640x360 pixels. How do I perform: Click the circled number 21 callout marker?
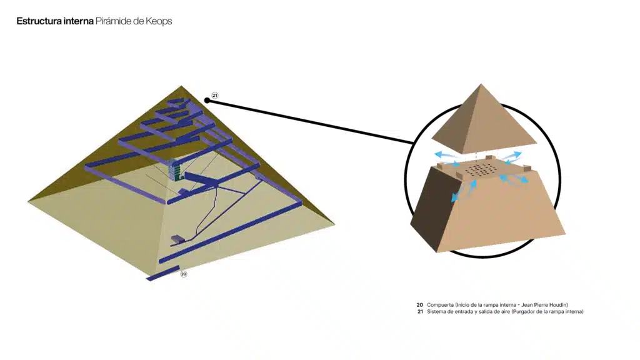coord(215,96)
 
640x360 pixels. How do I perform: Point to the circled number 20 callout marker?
coord(184,274)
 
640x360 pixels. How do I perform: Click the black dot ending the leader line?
coord(207,101)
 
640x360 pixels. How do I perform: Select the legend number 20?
coord(419,305)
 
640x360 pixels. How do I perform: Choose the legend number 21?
coord(420,311)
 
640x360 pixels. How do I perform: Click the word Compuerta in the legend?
coord(441,305)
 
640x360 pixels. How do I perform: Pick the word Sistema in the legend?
coord(436,311)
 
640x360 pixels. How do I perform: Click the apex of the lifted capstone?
coord(481,84)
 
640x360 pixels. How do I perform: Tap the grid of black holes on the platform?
coord(482,169)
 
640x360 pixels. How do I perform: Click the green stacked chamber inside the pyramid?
coord(176,170)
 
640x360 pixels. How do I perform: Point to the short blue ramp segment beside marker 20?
coord(163,273)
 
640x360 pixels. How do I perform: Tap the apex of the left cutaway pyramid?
coord(182,86)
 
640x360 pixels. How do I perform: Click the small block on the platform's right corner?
coord(526,168)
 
